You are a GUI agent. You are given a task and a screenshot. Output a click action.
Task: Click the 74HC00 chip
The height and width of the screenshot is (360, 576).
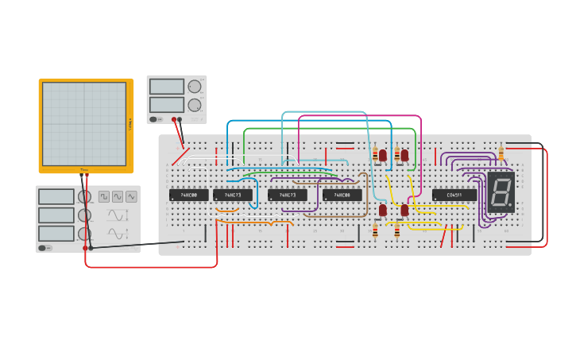188,195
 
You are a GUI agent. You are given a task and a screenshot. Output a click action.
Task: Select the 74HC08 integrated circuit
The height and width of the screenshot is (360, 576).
342,195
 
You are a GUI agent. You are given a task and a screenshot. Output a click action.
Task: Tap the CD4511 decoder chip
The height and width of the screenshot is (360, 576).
454,195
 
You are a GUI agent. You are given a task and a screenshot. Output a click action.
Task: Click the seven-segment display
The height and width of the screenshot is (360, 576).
501,192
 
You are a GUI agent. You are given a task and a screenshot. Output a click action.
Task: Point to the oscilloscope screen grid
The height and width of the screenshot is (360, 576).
84,123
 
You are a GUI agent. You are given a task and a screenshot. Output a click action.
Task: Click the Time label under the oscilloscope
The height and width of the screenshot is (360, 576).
84,169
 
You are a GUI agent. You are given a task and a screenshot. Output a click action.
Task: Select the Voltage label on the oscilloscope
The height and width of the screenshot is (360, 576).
130,123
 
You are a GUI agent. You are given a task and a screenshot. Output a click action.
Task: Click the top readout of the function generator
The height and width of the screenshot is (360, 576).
56,196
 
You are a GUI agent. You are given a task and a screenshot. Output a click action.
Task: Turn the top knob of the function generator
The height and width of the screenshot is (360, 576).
84,196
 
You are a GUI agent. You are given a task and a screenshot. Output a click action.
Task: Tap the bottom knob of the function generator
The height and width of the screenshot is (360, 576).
84,234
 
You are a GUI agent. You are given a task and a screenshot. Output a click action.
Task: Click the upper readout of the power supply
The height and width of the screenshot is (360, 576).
166,86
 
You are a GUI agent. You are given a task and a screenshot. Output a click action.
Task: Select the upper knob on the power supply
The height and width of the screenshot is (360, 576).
194,86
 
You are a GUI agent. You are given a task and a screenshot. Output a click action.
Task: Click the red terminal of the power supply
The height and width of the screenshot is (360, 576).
174,119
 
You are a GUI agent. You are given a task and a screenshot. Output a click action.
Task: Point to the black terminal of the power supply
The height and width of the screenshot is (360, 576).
180,119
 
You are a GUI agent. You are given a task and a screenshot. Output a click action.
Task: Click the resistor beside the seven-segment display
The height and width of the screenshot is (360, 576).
501,153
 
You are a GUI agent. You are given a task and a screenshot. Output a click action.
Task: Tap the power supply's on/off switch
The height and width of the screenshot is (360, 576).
155,119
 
